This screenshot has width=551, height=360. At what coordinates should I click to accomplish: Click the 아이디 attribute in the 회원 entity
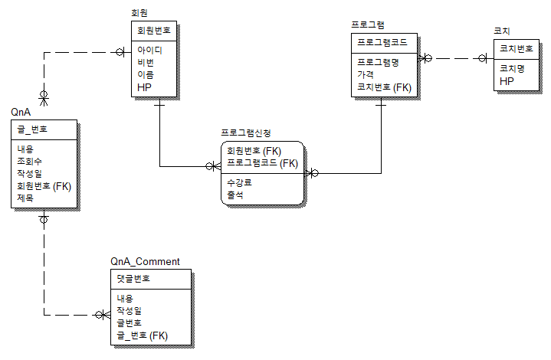149,51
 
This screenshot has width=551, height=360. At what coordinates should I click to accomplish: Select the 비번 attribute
146,63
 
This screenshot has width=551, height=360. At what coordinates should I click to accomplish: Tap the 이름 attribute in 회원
146,75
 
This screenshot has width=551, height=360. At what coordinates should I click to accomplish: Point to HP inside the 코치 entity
507,81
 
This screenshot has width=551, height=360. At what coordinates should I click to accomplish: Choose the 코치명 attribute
512,68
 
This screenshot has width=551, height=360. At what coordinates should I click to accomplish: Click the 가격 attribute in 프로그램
366,74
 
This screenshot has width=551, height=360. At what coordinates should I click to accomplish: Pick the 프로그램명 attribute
378,63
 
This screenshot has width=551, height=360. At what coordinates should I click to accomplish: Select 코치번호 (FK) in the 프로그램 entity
385,87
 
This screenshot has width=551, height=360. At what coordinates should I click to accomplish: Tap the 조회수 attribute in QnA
30,161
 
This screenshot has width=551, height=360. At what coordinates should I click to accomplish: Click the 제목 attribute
25,198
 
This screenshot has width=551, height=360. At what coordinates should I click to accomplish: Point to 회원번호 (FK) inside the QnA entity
44,186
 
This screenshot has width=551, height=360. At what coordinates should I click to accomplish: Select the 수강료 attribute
239,182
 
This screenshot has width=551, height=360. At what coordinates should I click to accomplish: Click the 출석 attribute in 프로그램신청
235,195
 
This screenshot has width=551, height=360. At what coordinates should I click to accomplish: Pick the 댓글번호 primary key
133,279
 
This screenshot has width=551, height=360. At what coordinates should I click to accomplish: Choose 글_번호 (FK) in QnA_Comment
143,335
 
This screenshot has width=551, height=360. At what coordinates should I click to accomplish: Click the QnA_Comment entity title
145,262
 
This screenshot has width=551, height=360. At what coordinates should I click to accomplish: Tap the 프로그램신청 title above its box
246,133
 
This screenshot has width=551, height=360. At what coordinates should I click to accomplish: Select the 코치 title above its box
502,31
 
